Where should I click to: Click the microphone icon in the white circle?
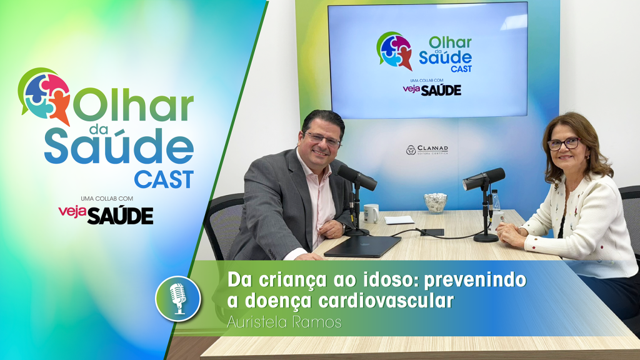point(178,298)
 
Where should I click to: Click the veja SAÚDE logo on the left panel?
point(106,214)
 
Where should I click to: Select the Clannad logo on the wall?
point(427,150)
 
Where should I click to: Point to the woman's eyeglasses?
point(564,143)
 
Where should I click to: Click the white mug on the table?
point(371,213)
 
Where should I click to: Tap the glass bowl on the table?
point(436,202)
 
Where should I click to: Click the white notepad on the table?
point(399,219)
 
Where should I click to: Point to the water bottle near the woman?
point(496,204)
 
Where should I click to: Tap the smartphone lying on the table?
point(432,232)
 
